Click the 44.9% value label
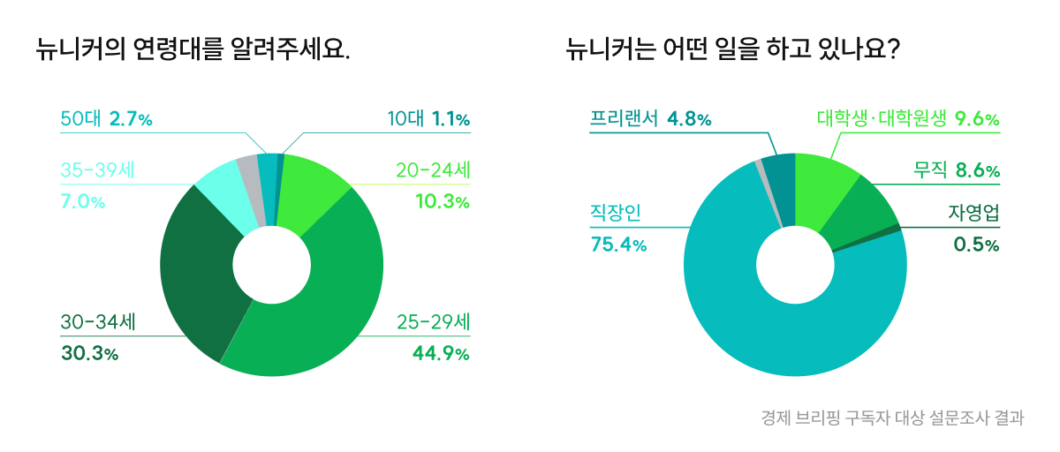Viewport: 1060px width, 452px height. pos(440,354)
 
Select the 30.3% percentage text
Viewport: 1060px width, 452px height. pos(89,354)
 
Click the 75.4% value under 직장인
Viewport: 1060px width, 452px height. pos(618,245)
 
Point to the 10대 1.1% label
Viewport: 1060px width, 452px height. pos(428,119)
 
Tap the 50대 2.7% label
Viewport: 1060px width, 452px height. pos(106,119)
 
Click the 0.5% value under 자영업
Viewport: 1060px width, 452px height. pos(976,245)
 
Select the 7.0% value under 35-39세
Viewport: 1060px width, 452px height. pos(82,202)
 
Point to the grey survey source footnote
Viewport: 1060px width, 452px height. pos(892,417)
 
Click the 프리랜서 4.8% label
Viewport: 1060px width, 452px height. pos(650,119)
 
